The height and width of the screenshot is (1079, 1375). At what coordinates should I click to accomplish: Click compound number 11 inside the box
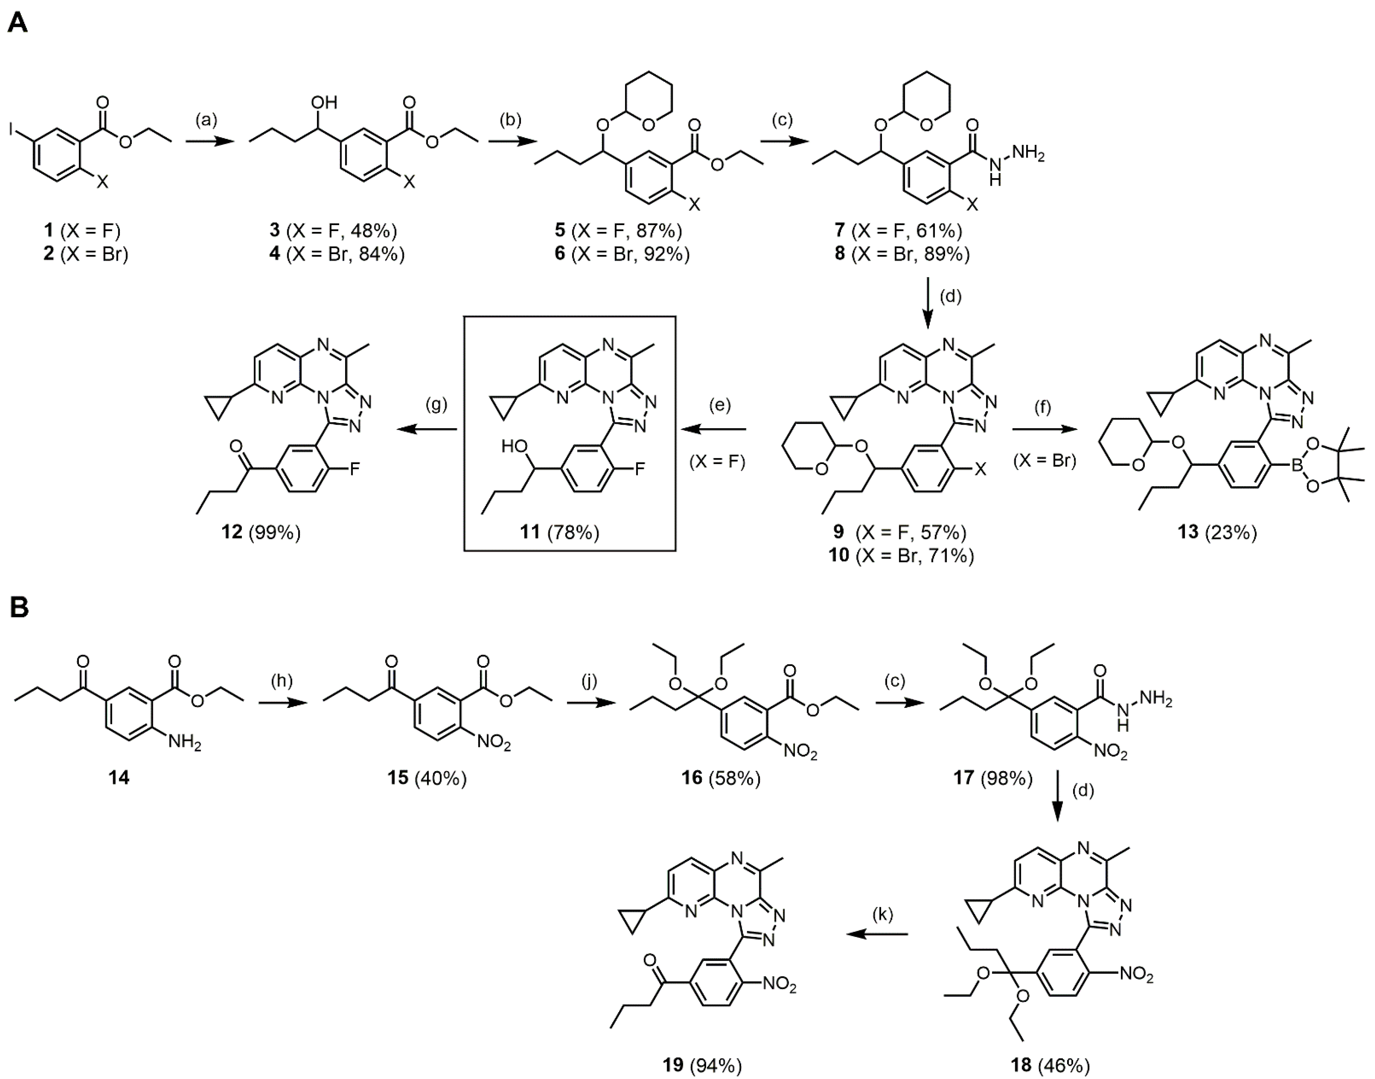529,533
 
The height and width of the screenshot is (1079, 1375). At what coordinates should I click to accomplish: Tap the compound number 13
1187,533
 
